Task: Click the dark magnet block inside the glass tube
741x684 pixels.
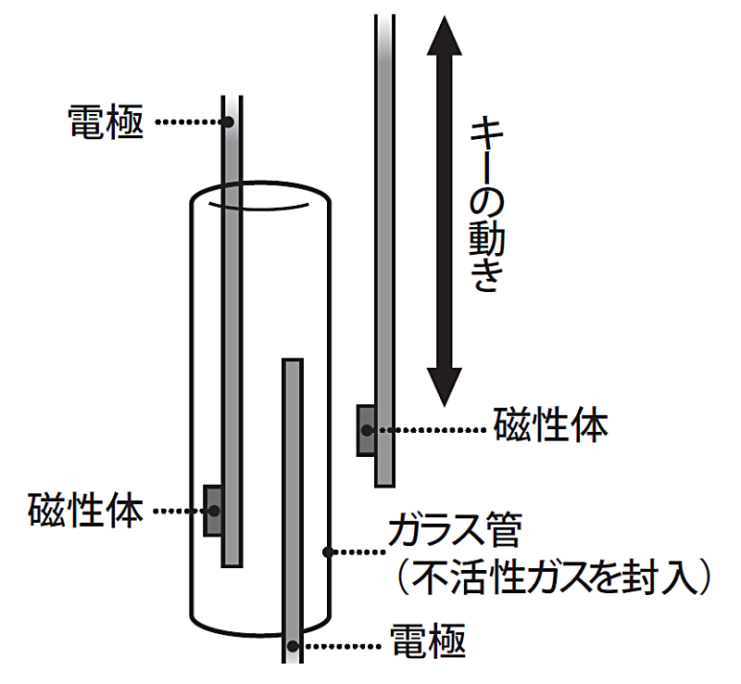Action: pyautogui.click(x=213, y=509)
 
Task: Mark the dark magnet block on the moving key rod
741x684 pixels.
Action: pyautogui.click(x=367, y=429)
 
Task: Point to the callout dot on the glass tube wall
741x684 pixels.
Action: pyautogui.click(x=326, y=551)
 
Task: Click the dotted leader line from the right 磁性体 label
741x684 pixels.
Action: pyautogui.click(x=428, y=429)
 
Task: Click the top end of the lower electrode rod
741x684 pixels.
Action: pyautogui.click(x=294, y=362)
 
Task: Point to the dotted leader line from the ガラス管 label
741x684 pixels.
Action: pyautogui.click(x=356, y=551)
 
